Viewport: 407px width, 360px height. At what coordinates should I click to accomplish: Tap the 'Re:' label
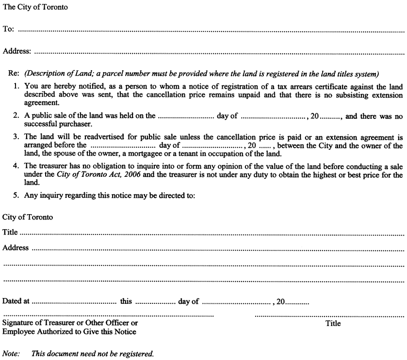14,74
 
